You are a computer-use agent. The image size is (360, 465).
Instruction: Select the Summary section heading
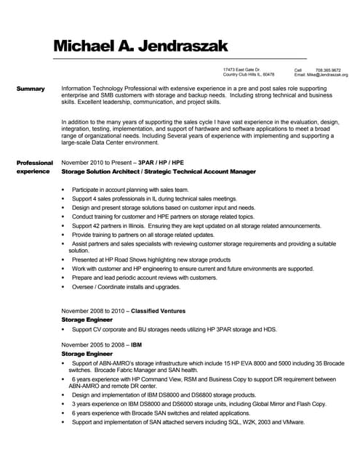pos(31,89)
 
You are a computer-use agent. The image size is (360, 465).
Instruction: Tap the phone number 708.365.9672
pos(327,70)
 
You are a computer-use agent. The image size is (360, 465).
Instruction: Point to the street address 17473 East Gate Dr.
pos(241,70)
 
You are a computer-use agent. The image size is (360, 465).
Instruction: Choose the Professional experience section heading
pos(34,167)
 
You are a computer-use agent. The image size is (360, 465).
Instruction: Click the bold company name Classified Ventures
pos(158,310)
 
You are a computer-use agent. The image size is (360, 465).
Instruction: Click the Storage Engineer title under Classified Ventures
pos(87,319)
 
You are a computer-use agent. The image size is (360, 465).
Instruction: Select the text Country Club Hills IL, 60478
pos(249,75)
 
